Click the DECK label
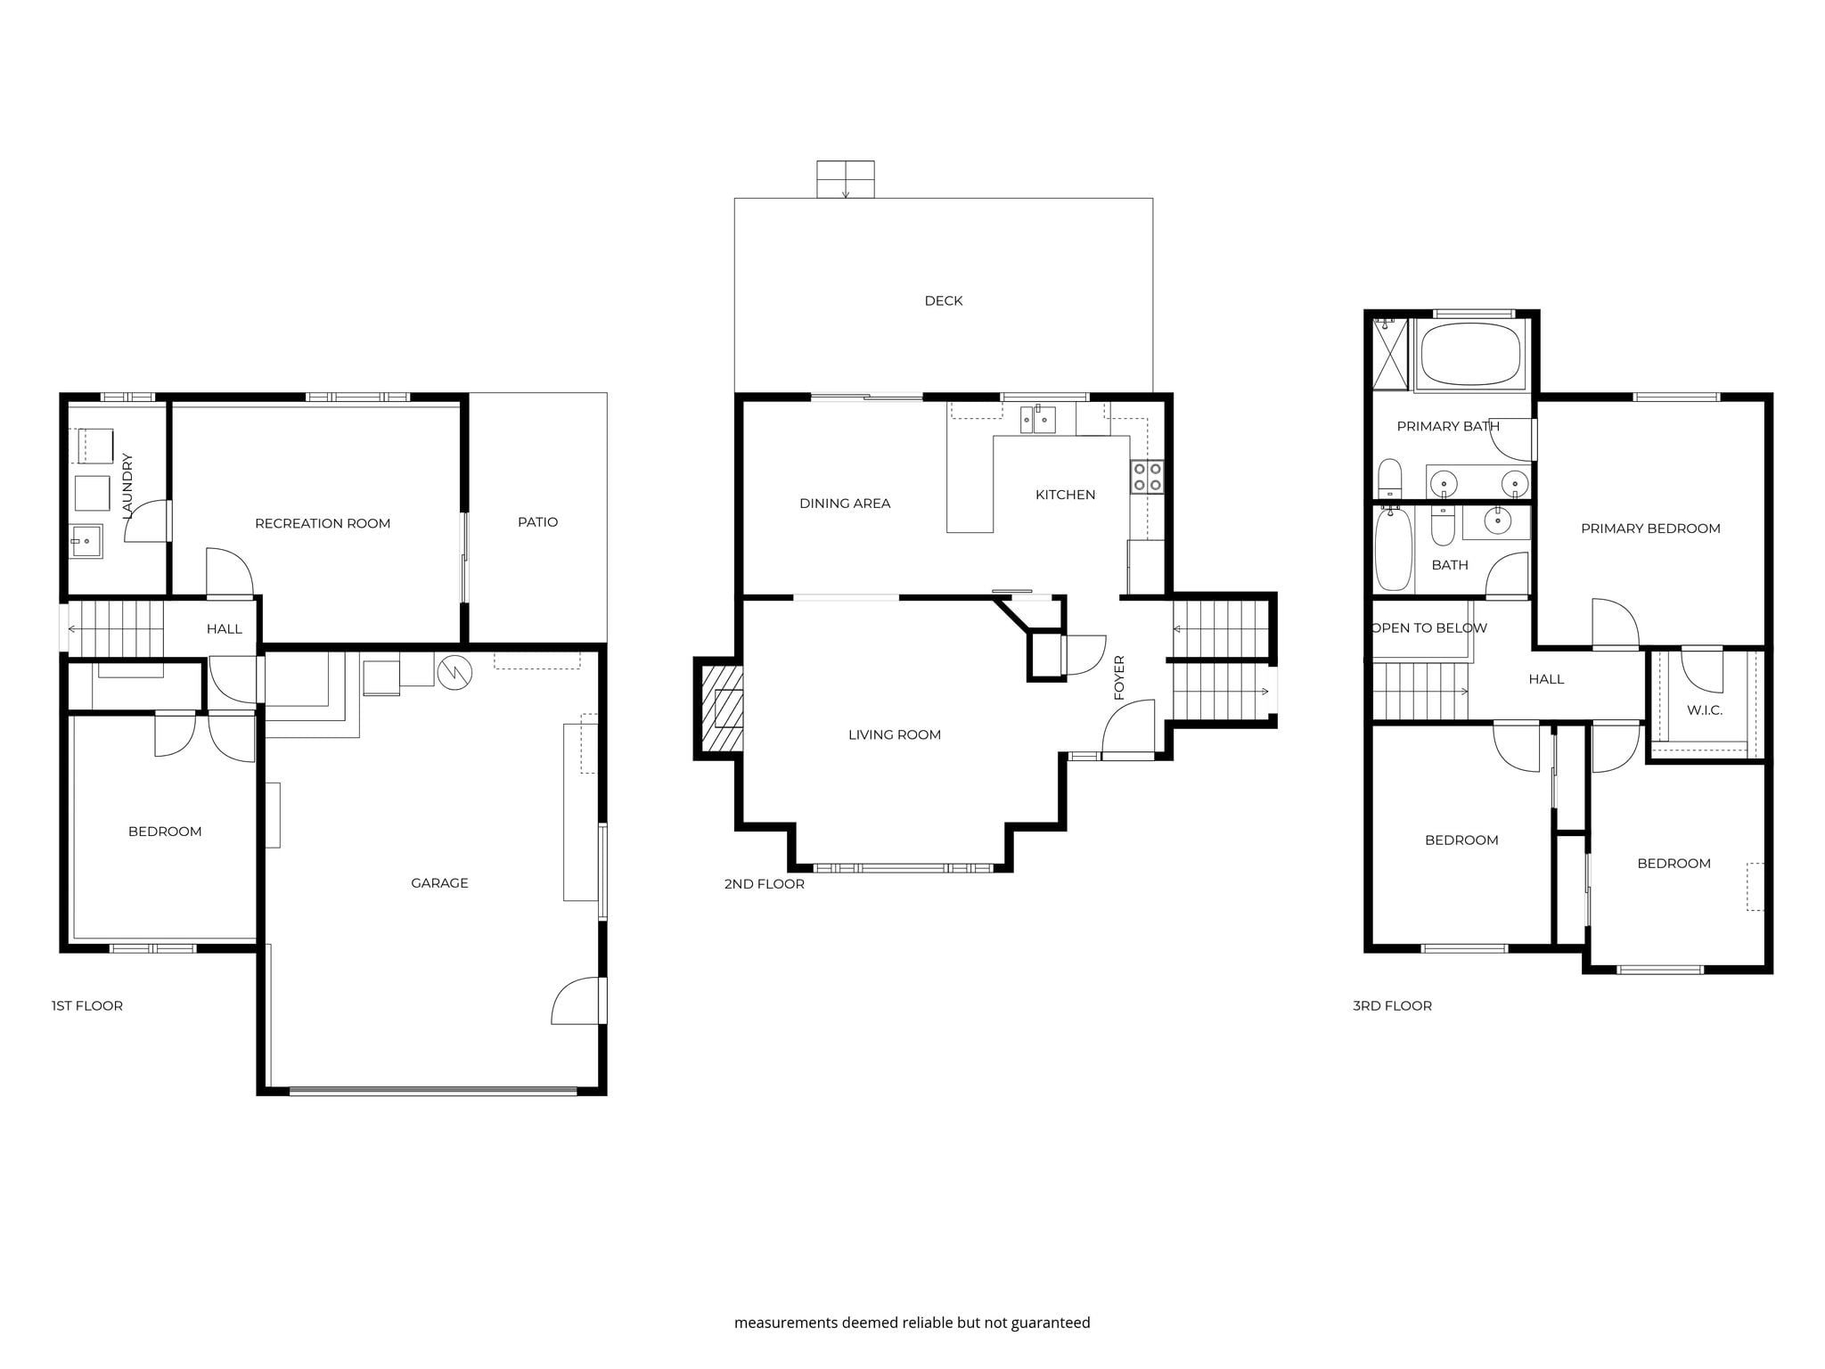[x=944, y=301]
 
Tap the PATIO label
[x=538, y=522]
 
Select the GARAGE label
[x=439, y=883]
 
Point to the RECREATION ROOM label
[x=323, y=524]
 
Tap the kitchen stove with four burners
[x=1147, y=477]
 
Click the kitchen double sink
[x=1038, y=419]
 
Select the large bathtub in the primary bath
[x=1470, y=355]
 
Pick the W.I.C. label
[x=1705, y=710]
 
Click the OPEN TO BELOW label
[x=1429, y=628]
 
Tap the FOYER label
[x=1120, y=677]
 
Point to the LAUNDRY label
[x=127, y=486]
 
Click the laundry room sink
[x=86, y=541]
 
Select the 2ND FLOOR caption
[x=765, y=884]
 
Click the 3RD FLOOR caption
[x=1393, y=1006]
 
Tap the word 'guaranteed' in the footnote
[x=1051, y=1323]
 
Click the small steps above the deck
[x=846, y=179]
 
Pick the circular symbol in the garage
[x=454, y=673]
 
